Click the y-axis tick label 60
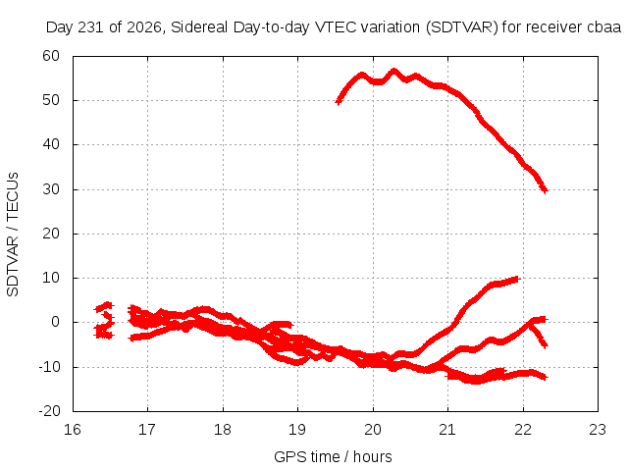coord(51,56)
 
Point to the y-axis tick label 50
coord(51,100)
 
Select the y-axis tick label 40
coord(51,144)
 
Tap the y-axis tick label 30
coord(51,189)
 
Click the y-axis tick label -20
coord(49,411)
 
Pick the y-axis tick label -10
coord(49,366)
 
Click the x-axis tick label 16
coord(73,430)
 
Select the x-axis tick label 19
coord(297,430)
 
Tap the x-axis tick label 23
coord(598,430)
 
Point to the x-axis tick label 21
coord(447,430)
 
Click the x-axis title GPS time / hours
coord(333,456)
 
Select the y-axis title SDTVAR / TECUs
coord(13,235)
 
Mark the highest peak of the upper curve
coord(394,72)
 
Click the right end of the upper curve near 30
coord(545,190)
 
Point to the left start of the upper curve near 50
coord(339,102)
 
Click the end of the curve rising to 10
coord(517,279)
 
